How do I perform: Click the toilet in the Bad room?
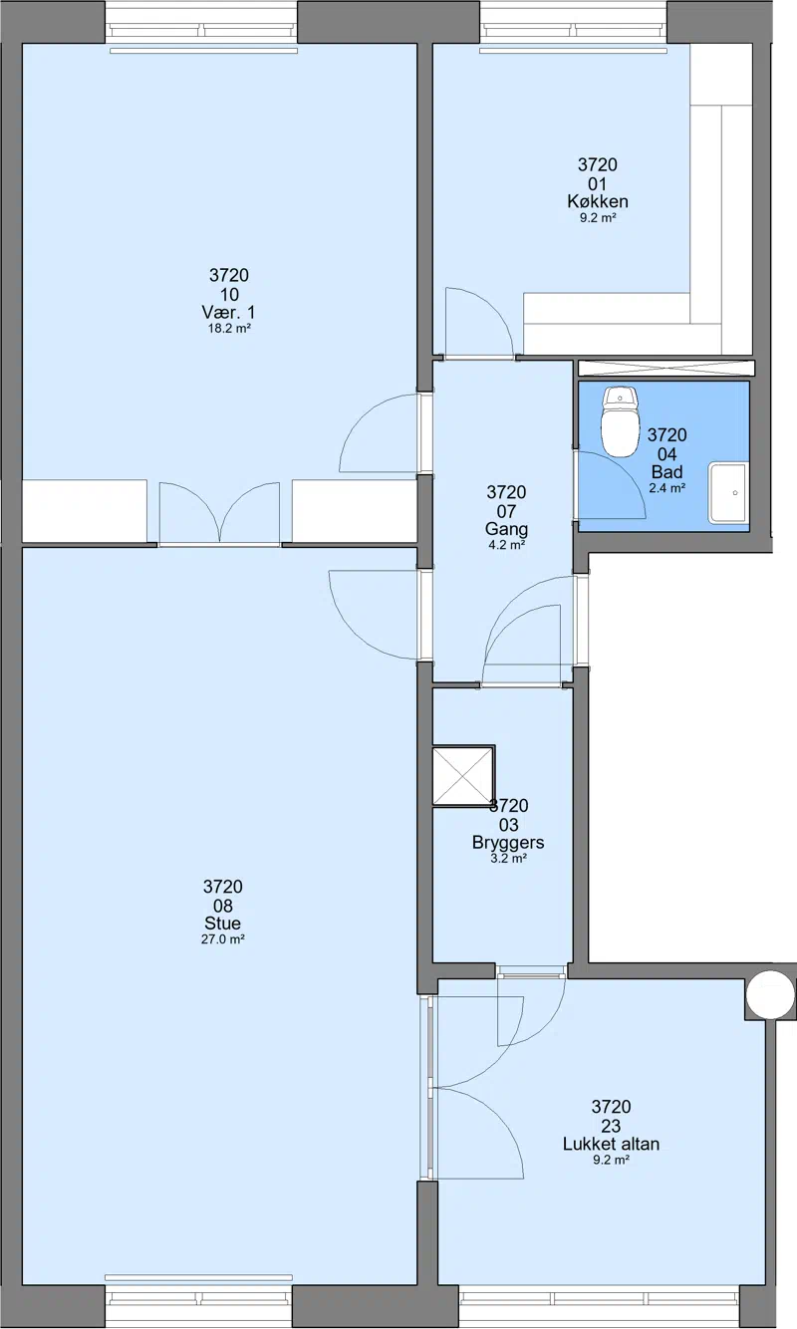pyautogui.click(x=620, y=421)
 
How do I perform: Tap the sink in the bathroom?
pyautogui.click(x=727, y=493)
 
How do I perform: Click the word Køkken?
pyautogui.click(x=597, y=201)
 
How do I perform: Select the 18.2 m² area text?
pyautogui.click(x=229, y=328)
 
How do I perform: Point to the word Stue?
pyautogui.click(x=222, y=924)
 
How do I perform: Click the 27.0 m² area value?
pyautogui.click(x=222, y=939)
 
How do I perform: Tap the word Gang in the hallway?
pyautogui.click(x=506, y=529)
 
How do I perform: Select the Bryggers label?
pyautogui.click(x=508, y=843)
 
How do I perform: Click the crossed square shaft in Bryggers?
pyautogui.click(x=463, y=776)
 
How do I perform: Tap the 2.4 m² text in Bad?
pyautogui.click(x=667, y=488)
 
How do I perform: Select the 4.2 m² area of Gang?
pyautogui.click(x=506, y=545)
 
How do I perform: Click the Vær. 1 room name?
pyautogui.click(x=228, y=312)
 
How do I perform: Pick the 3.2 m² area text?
pyautogui.click(x=508, y=859)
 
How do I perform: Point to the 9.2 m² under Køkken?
pyautogui.click(x=598, y=218)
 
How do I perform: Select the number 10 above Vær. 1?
pyautogui.click(x=229, y=294)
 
